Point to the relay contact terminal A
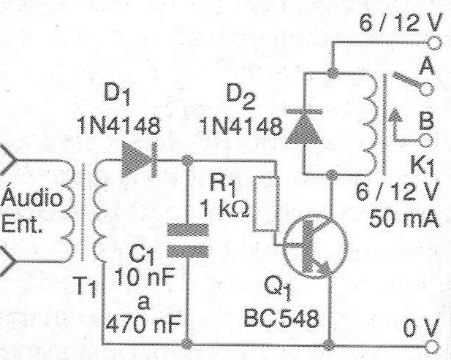[x=427, y=88]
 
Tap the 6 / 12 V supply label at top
[x=401, y=23]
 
